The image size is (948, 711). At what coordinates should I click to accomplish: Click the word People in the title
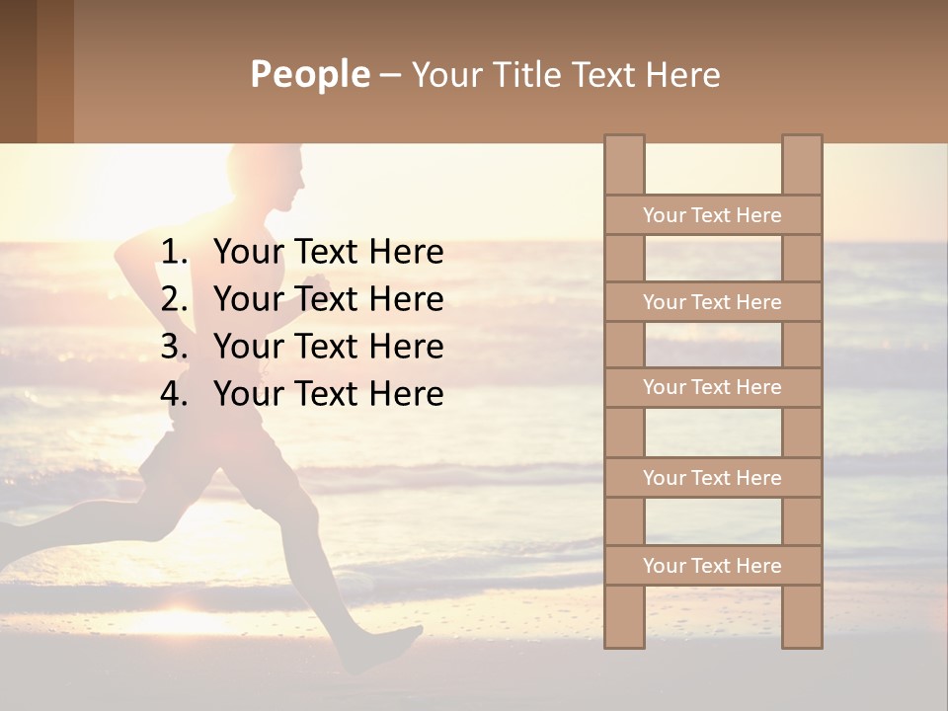(x=309, y=74)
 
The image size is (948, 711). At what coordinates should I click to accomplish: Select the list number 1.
(x=173, y=253)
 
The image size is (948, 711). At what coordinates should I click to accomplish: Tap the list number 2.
(x=173, y=299)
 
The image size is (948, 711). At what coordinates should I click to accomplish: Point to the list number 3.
(x=173, y=347)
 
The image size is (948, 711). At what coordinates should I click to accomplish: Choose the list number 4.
(x=173, y=394)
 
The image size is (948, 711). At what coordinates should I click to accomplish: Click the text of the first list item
(x=328, y=253)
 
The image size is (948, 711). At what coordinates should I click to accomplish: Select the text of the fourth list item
(x=328, y=394)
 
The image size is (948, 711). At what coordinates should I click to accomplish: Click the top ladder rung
(x=712, y=215)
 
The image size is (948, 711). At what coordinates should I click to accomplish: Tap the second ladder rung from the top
(x=712, y=302)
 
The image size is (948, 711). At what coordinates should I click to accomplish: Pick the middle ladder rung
(x=712, y=387)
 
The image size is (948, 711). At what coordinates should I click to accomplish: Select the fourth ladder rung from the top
(x=712, y=478)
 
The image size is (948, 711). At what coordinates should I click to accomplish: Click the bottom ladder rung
(x=712, y=566)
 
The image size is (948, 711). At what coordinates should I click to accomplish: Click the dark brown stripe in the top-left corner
(x=18, y=69)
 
